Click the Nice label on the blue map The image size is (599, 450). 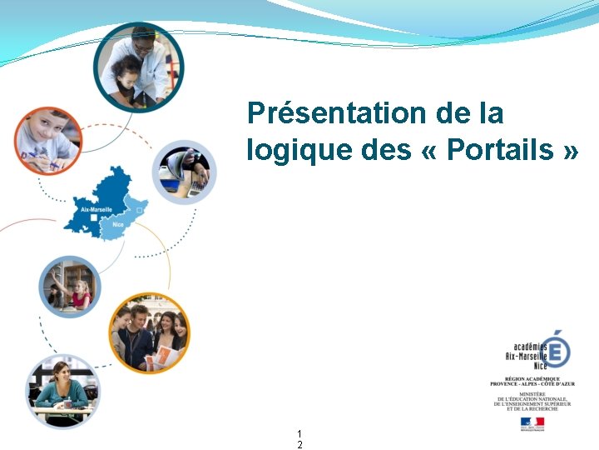click(x=117, y=225)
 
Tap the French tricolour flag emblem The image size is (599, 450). click(x=532, y=422)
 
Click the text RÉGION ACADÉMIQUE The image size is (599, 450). click(x=532, y=377)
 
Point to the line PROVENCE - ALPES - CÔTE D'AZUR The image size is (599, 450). click(x=532, y=383)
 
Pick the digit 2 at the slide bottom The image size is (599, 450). click(x=299, y=445)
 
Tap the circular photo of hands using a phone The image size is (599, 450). click(x=185, y=172)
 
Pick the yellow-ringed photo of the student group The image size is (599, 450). click(x=150, y=332)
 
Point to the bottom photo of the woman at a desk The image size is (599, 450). click(x=62, y=391)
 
